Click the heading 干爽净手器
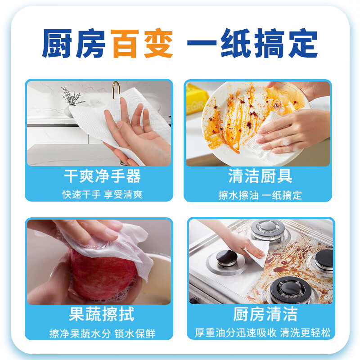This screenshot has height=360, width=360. [x=102, y=176]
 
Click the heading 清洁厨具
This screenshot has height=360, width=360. [x=260, y=176]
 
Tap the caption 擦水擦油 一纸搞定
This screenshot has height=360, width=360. [x=260, y=195]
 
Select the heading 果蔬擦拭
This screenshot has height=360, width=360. [x=102, y=314]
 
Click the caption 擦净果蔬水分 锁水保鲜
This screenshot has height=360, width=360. [x=102, y=333]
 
